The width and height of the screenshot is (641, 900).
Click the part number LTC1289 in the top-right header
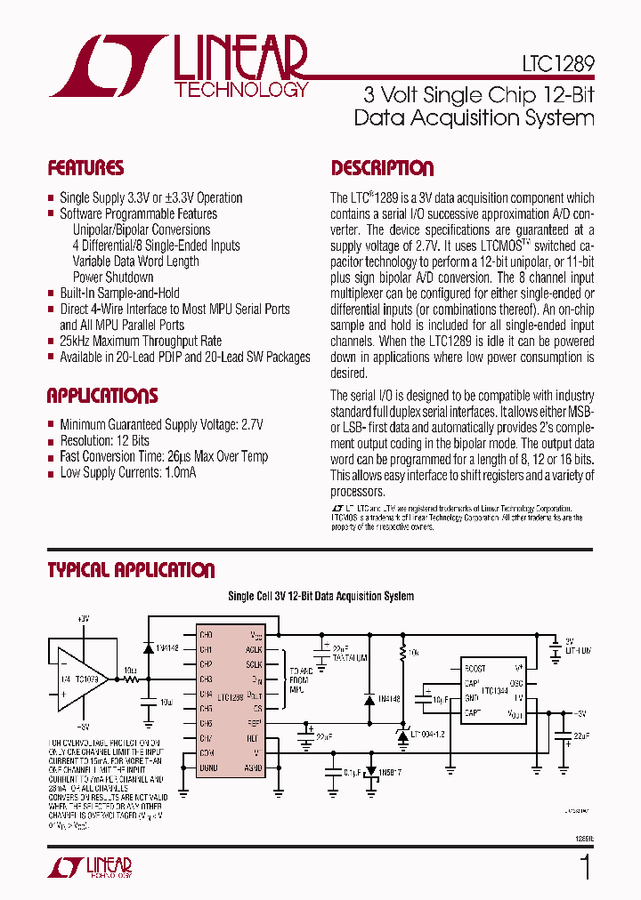(558, 64)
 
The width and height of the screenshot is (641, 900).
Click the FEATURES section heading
(85, 168)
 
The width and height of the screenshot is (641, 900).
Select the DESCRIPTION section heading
(383, 168)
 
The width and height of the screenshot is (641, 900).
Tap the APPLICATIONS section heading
(102, 396)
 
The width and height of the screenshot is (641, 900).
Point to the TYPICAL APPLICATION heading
(131, 570)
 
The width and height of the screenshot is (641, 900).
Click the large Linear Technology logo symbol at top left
(107, 66)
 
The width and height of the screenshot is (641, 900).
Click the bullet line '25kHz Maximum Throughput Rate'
(141, 341)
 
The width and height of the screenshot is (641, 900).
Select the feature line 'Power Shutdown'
(113, 277)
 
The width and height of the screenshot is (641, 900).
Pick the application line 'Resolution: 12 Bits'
(104, 440)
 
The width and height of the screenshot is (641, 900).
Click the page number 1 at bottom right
(585, 867)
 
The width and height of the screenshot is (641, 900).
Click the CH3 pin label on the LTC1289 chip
(206, 679)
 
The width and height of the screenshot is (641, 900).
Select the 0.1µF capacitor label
(353, 772)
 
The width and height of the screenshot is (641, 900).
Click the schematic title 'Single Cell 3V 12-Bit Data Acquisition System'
(320, 597)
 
